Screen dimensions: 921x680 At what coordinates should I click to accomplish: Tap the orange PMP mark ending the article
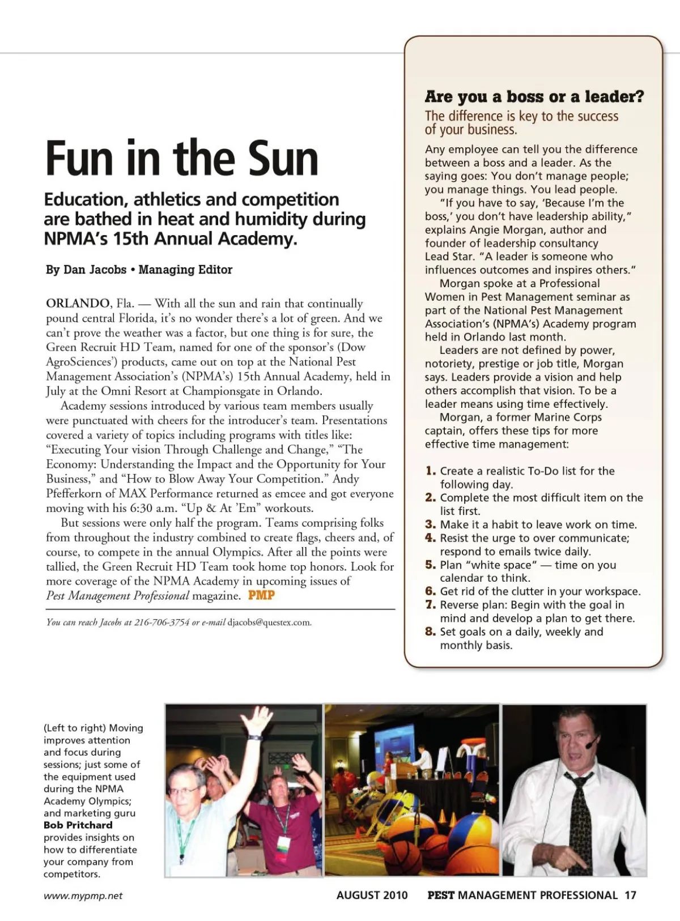(261, 595)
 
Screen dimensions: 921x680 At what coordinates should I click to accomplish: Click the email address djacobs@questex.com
(269, 622)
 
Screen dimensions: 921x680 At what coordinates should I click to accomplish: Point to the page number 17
(630, 896)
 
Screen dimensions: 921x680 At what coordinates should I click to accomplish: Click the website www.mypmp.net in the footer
(83, 896)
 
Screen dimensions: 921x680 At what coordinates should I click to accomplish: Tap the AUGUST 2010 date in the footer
(372, 896)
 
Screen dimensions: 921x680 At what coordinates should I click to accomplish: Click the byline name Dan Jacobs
(95, 270)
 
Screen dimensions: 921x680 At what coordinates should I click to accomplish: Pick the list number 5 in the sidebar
(430, 565)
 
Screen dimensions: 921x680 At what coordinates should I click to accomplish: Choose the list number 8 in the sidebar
(430, 632)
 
